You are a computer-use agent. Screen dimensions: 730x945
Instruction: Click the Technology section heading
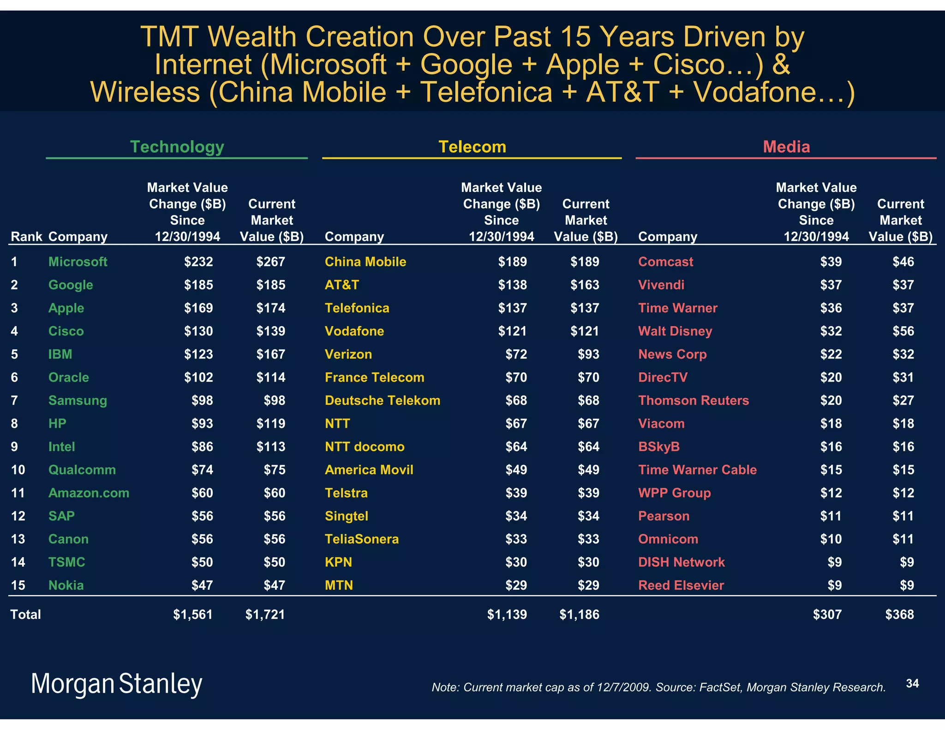pos(177,147)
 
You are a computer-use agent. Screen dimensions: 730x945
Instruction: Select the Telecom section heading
pos(472,147)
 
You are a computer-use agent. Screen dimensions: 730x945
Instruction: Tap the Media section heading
pos(786,147)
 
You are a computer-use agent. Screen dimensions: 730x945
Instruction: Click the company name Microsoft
pos(78,262)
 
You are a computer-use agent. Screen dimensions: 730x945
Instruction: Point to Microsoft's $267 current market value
pos(271,262)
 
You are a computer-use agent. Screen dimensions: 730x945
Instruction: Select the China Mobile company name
pos(365,262)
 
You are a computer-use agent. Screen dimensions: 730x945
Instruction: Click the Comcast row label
pos(665,262)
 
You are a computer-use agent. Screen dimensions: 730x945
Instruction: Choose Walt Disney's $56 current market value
pos(903,331)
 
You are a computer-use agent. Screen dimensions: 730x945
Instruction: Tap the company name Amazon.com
pos(89,493)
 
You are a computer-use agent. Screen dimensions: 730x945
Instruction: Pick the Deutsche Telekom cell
pos(383,400)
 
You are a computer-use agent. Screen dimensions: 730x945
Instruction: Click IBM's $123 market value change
pos(198,354)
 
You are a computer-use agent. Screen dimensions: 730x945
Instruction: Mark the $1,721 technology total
pos(265,614)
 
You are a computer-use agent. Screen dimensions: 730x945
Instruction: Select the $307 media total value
pos(827,614)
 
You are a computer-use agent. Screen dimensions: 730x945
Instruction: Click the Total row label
pos(26,614)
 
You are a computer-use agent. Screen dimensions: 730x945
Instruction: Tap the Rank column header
pos(26,237)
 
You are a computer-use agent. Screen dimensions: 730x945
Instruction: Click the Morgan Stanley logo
pos(116,684)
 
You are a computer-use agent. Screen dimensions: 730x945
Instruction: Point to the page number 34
pos(912,683)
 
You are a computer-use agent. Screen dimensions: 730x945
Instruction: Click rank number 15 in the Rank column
pos(18,585)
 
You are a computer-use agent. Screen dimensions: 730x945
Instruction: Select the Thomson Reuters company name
pos(693,400)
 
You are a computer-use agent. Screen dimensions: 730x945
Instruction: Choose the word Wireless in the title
pos(145,92)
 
